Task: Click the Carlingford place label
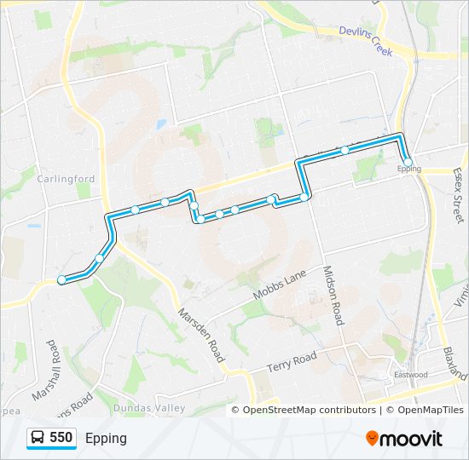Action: click(65, 179)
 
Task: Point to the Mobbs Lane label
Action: click(279, 285)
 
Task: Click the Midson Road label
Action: click(332, 295)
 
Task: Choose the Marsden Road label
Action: click(200, 335)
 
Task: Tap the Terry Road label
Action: click(292, 361)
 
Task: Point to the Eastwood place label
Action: click(410, 375)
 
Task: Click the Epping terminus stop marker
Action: click(408, 162)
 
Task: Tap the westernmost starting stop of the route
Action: click(61, 279)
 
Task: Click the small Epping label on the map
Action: click(409, 170)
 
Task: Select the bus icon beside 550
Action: click(38, 438)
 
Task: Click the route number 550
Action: click(61, 438)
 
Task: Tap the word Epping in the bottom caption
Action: click(106, 438)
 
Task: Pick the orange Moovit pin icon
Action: click(372, 439)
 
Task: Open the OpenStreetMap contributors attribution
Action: click(310, 410)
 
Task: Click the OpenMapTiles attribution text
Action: click(426, 410)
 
